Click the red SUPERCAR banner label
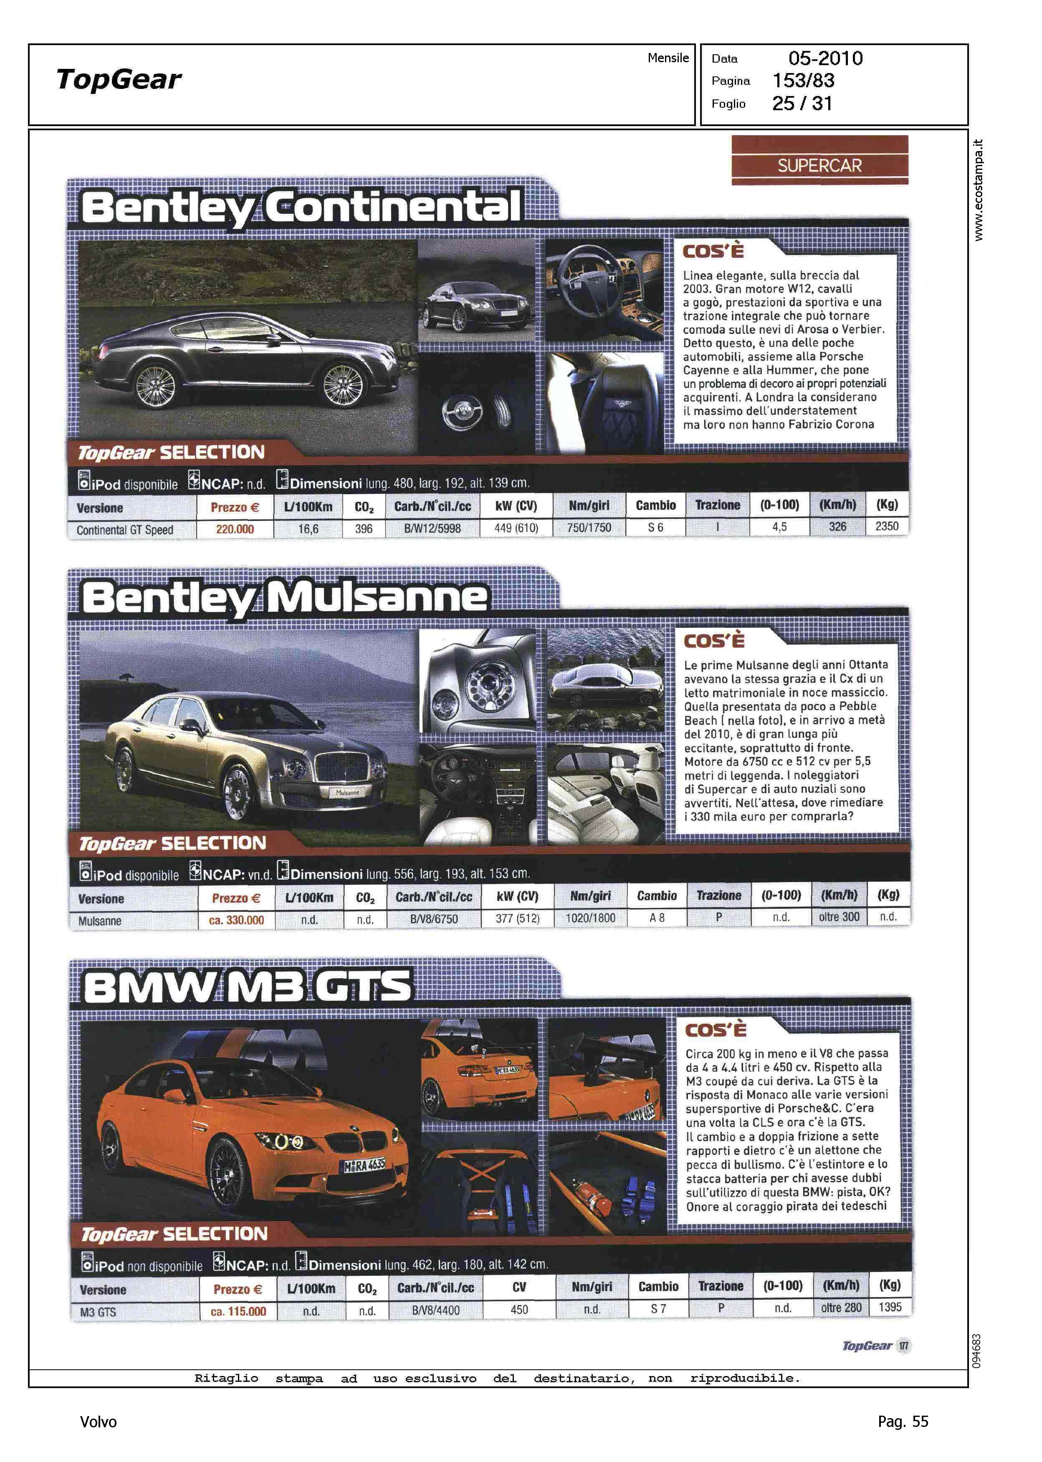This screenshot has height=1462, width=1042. pos(819,165)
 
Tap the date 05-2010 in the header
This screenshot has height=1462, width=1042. pos(825,59)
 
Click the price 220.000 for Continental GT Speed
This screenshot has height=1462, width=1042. pos(235,529)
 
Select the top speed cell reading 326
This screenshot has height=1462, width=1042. pos(837,527)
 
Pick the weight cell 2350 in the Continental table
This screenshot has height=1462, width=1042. pos(887,526)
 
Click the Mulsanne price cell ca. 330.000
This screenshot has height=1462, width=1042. pos(236,920)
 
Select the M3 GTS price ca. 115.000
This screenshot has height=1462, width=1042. pos(238,1311)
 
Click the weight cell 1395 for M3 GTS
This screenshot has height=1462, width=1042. pos(890,1307)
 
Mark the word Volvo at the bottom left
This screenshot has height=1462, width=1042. pos(98,1422)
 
